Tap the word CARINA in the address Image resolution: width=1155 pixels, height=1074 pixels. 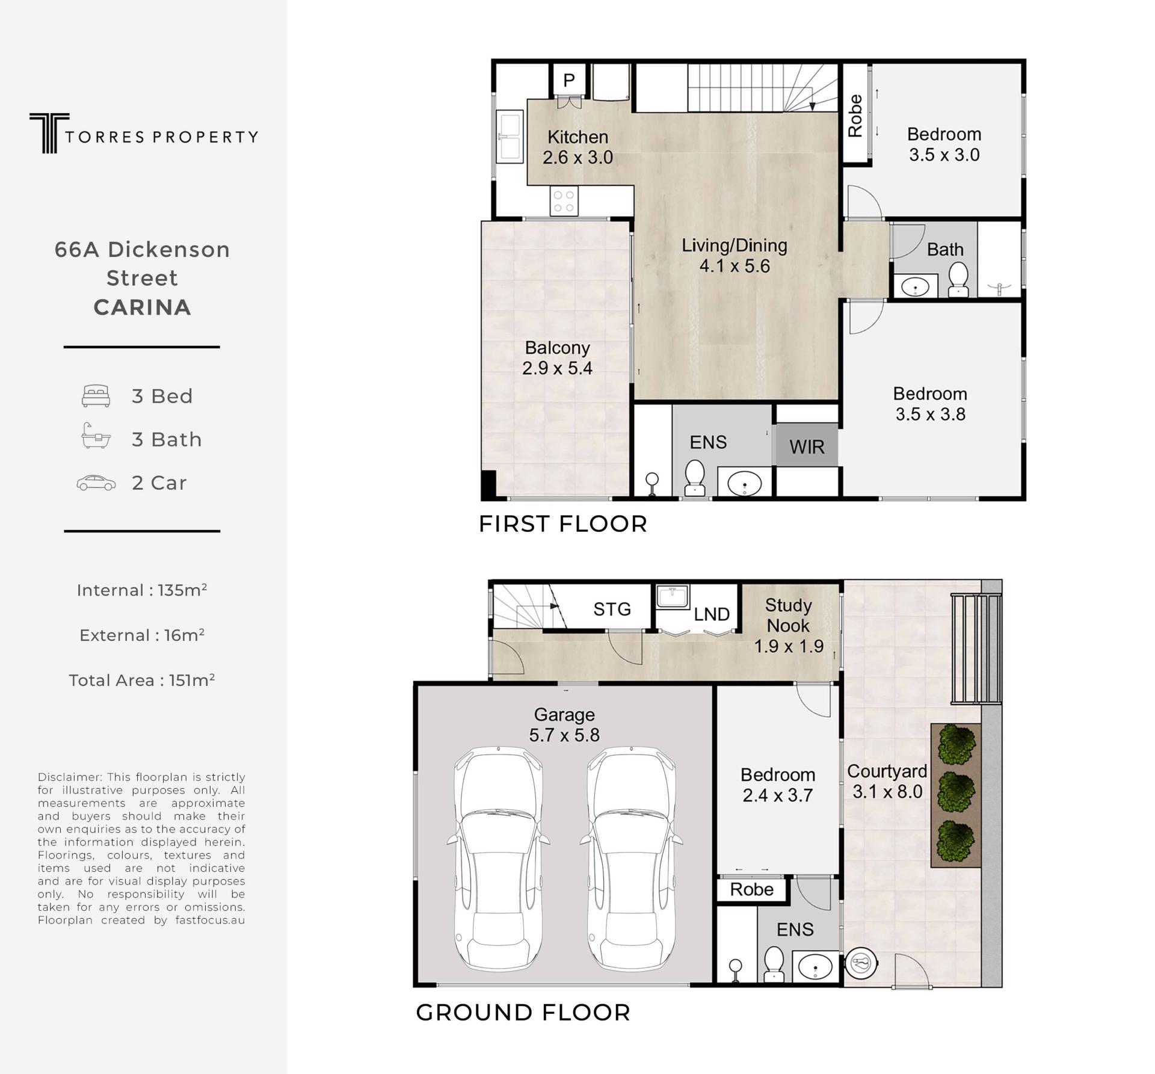[x=142, y=307]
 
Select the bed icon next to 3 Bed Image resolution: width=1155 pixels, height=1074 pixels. [x=96, y=396]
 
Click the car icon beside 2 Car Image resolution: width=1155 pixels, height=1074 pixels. [x=96, y=483]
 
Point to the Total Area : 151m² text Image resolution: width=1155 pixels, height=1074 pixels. [x=142, y=680]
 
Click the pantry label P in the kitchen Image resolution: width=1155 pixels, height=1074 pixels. [x=569, y=79]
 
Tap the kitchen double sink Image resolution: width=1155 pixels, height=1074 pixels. [x=509, y=137]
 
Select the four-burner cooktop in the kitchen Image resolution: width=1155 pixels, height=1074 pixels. [x=564, y=201]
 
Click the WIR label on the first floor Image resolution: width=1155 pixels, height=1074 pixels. [x=807, y=447]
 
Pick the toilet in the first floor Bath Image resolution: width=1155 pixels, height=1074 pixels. [x=958, y=280]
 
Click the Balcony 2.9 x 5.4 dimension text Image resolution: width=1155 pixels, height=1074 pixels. [x=557, y=368]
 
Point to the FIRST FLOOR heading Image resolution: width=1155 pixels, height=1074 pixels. [x=562, y=524]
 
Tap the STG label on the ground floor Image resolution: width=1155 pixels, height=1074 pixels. [x=612, y=610]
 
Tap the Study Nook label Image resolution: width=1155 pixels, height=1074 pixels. [x=788, y=615]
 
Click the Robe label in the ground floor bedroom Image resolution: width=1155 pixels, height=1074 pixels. [x=752, y=889]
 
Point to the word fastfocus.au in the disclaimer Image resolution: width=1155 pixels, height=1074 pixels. [x=210, y=920]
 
